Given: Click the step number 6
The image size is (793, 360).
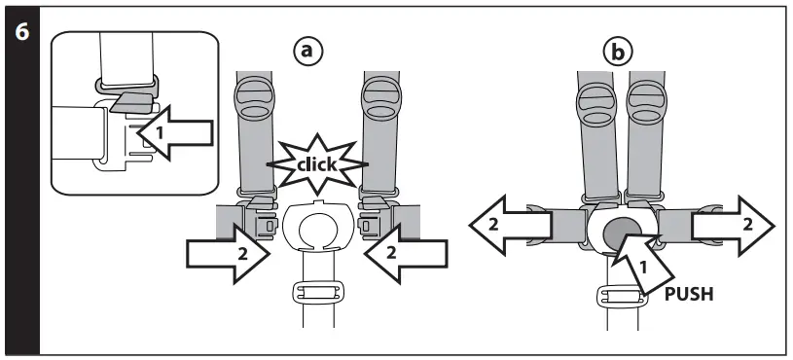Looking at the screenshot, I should pos(20,31).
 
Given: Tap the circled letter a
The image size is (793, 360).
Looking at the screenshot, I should pos(310,52).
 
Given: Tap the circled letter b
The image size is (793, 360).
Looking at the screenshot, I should pos(617,52).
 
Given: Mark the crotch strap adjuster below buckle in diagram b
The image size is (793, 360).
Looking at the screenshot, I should pos(617,299).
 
